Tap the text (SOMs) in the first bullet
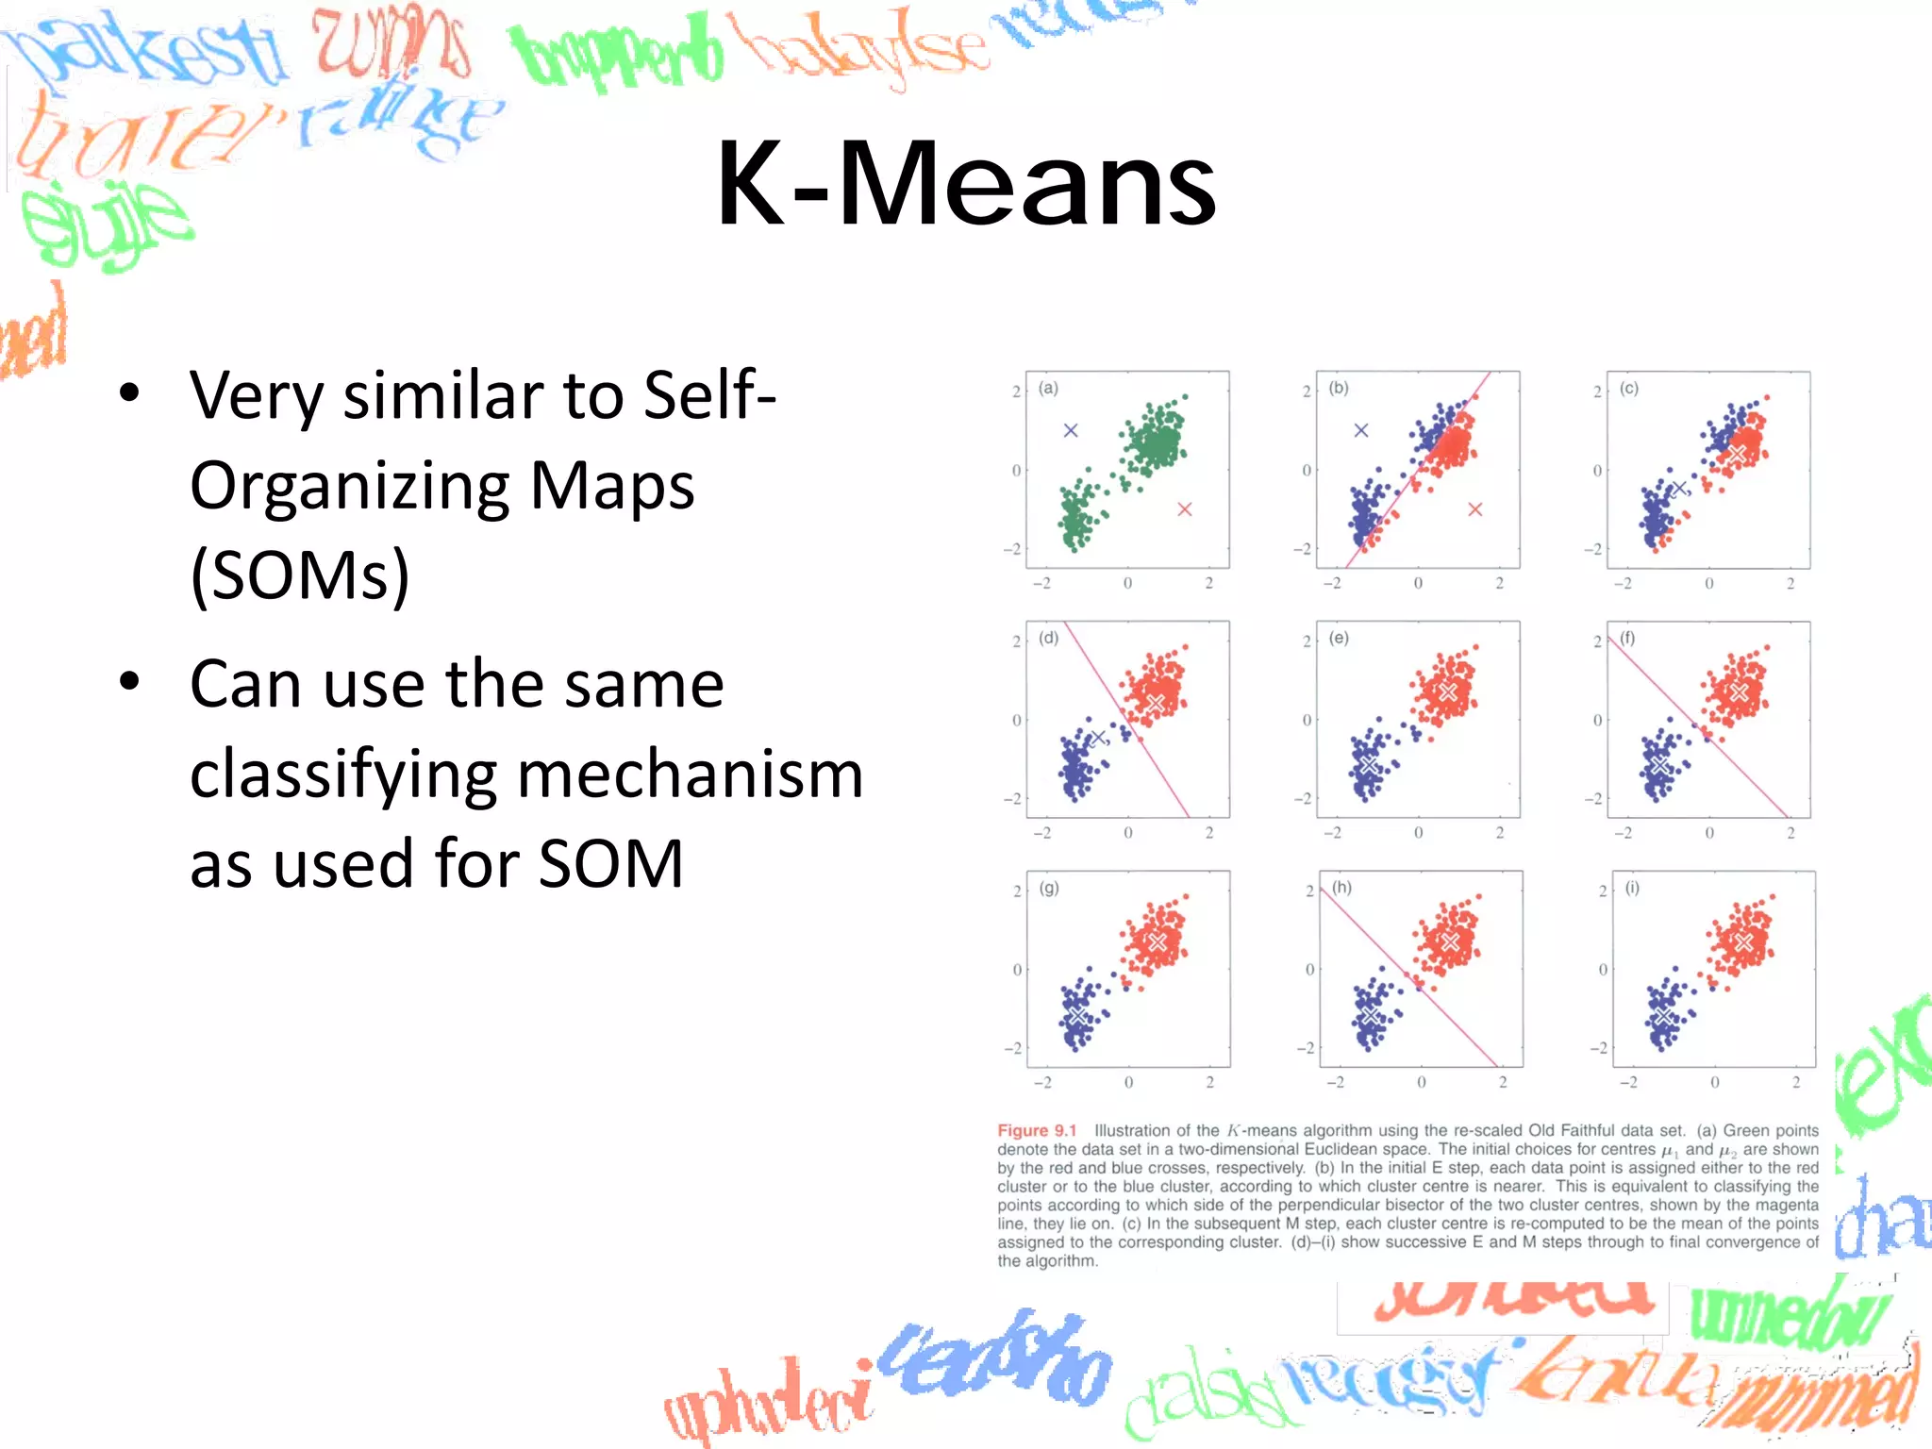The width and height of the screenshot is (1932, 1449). coord(300,575)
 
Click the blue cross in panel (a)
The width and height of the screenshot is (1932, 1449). coord(1071,430)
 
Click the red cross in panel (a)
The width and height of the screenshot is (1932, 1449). coord(1185,509)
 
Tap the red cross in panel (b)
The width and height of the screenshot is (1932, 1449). coord(1475,509)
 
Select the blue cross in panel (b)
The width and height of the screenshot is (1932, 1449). coord(1361,430)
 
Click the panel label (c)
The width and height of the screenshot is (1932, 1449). coord(1629,388)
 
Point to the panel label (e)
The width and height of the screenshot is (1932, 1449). coord(1339,638)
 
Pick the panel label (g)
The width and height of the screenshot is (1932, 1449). coord(1049,888)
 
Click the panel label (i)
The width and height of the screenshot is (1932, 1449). coord(1632,888)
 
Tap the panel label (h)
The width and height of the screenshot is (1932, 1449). coord(1341,888)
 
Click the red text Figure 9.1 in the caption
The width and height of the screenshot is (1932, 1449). coord(1037,1130)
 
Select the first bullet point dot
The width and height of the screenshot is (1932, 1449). coord(130,393)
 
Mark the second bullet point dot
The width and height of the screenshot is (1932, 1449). coord(130,681)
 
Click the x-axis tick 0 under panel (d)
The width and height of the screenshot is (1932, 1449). coord(1128,833)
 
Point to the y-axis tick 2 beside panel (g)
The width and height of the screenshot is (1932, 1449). coord(1017,891)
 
